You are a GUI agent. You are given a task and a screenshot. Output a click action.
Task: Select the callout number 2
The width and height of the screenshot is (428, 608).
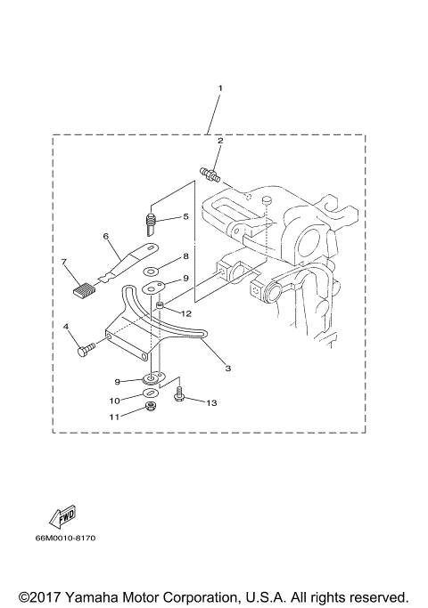[x=220, y=141]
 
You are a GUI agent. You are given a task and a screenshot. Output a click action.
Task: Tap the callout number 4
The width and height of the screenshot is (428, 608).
[x=67, y=328]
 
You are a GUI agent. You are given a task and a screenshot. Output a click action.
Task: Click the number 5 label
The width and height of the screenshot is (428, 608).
[x=185, y=216]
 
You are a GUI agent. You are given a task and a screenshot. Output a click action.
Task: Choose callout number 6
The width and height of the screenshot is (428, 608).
[x=105, y=237]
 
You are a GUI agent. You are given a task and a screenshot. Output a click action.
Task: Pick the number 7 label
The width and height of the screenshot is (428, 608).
[x=64, y=262]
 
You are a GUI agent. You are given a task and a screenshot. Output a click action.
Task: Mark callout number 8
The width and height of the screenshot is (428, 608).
[x=185, y=256]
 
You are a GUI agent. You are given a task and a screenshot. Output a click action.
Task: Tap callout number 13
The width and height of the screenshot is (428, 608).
[x=211, y=402]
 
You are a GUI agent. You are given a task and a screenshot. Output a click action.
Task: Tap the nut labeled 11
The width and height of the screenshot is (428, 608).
[x=152, y=409]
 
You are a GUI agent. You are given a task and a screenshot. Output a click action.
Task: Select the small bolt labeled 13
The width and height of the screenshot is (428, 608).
[x=180, y=393]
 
